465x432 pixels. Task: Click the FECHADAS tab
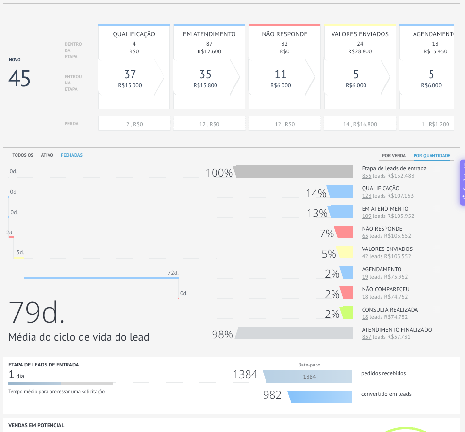coord(71,155)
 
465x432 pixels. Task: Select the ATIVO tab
coord(47,155)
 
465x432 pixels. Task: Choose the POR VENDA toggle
coord(394,156)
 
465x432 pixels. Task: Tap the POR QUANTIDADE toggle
coord(432,156)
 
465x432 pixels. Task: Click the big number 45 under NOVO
coord(19,79)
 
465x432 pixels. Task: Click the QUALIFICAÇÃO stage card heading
coord(134,34)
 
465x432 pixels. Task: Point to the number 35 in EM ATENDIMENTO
coord(205,74)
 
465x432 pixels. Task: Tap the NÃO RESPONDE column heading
coord(285,34)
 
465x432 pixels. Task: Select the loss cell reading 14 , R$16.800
coord(360,124)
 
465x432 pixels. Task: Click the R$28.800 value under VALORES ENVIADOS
coord(360,51)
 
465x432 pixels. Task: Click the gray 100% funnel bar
coord(293,171)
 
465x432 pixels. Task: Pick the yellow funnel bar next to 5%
coord(345,252)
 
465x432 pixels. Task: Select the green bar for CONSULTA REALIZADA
coord(347,313)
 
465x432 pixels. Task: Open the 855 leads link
coord(366,176)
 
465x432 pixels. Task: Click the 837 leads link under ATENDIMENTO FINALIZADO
coord(366,337)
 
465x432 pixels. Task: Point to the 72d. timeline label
coord(173,273)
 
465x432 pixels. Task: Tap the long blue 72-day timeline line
coord(101,278)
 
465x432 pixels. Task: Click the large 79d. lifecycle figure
coord(36,312)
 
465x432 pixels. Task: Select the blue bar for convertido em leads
coord(320,397)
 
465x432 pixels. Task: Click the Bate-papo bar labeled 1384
coord(308,377)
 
